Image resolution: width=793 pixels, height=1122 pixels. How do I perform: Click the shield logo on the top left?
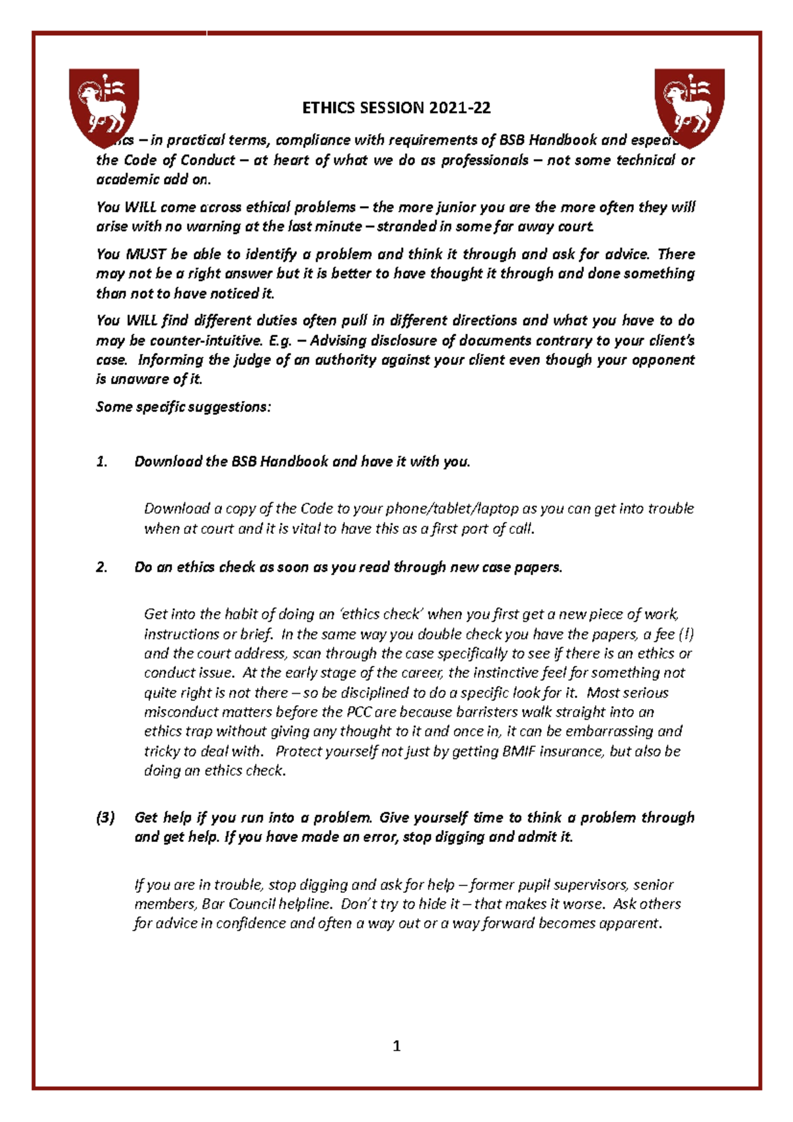point(104,106)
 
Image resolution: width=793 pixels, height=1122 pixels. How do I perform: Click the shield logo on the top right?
point(689,106)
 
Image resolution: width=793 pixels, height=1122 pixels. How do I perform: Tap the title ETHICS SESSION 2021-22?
point(397,108)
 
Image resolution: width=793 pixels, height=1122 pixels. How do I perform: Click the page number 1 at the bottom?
point(397,1046)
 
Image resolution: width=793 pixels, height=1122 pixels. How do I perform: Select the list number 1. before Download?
point(102,462)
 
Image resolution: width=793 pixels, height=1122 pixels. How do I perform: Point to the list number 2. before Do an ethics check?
point(102,568)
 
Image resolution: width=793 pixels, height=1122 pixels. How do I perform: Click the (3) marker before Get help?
point(105,817)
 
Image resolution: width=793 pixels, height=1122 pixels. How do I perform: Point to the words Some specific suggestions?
point(183,407)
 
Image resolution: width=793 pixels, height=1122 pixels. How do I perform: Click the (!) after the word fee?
point(686,634)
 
